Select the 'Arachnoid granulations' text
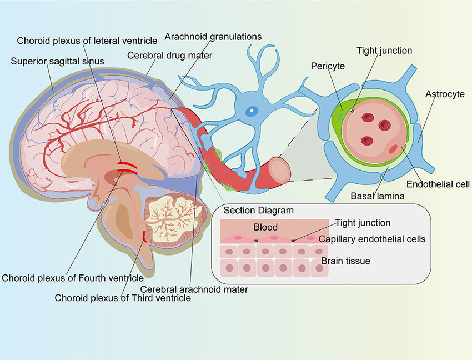[213, 37]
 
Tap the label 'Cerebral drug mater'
[169, 56]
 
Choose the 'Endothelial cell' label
[438, 184]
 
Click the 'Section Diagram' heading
[258, 211]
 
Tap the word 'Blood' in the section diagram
[265, 227]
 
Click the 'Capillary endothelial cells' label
[372, 239]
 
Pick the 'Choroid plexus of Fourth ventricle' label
[73, 277]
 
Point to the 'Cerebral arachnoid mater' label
[194, 289]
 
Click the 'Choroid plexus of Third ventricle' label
[122, 298]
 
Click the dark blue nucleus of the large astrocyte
[252, 111]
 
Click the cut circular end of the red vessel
[279, 169]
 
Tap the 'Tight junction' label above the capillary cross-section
[384, 51]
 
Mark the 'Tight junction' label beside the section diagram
[363, 223]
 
